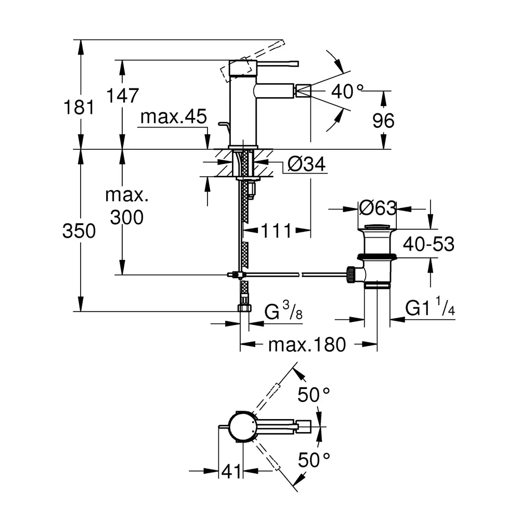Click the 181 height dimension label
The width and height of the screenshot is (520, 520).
(x=79, y=108)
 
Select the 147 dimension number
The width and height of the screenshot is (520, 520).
(x=123, y=95)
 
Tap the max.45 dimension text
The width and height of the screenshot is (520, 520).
(x=174, y=117)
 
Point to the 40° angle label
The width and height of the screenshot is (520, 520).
(x=347, y=92)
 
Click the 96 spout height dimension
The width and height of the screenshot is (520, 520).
(x=383, y=121)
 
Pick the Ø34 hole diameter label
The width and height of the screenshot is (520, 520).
(x=306, y=165)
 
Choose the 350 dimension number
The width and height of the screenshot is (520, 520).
(x=79, y=230)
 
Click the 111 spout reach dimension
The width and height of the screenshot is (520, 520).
(x=276, y=230)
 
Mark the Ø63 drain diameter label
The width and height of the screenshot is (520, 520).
(x=378, y=208)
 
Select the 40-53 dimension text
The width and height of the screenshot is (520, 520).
(x=428, y=244)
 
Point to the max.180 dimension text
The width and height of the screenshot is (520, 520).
(x=307, y=344)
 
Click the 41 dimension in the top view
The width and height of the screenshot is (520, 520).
(x=232, y=472)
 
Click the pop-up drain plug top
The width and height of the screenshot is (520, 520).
(x=378, y=227)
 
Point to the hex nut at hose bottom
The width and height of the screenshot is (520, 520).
(x=243, y=307)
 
